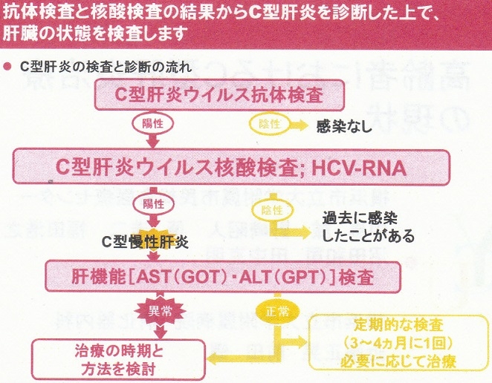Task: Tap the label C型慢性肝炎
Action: (145, 241)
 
